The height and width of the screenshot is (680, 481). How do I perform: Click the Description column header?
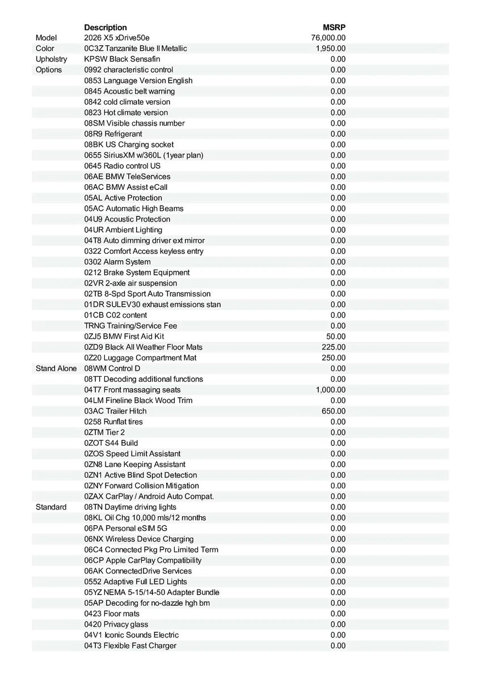[106, 27]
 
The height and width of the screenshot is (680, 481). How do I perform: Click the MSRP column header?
[334, 27]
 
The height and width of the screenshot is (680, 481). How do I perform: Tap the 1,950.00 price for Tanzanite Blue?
[331, 49]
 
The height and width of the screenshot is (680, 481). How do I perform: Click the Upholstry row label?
[51, 59]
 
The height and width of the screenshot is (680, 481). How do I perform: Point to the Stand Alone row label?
[56, 368]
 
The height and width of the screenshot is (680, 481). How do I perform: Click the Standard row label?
[51, 507]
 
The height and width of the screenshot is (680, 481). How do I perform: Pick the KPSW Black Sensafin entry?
[122, 59]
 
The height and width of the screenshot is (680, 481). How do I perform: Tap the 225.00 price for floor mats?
[334, 347]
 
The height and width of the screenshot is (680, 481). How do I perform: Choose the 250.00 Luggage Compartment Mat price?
[334, 358]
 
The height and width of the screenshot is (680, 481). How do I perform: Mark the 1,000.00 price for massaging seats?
[331, 390]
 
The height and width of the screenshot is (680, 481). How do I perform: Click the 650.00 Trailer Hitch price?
[334, 411]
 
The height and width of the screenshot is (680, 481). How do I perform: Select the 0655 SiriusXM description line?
[144, 155]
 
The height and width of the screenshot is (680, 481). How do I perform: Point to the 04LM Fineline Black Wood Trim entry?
[138, 401]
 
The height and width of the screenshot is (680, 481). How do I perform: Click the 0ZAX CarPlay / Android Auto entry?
[149, 496]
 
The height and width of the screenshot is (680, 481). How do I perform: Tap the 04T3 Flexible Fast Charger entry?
[130, 645]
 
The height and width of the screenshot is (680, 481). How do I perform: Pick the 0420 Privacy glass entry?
[116, 624]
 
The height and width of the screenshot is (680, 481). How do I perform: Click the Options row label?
[49, 70]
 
